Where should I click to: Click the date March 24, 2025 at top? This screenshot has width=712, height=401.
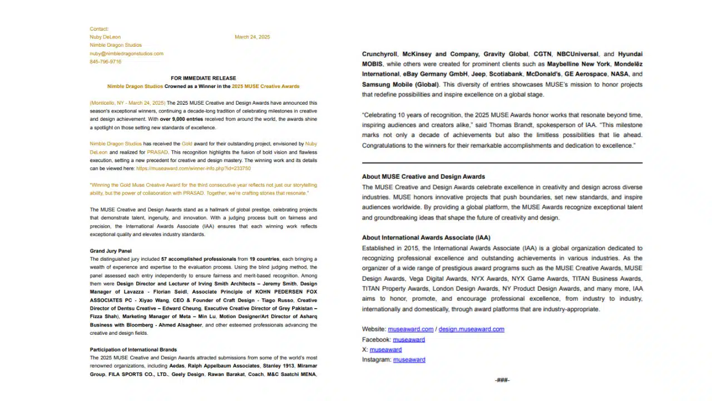coord(252,37)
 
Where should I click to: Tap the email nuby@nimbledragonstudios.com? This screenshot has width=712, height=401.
coord(126,53)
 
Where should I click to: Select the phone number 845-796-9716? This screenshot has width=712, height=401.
coord(106,62)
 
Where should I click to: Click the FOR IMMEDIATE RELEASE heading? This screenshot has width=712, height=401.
coord(203,79)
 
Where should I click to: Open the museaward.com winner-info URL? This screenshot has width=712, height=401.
coord(193,168)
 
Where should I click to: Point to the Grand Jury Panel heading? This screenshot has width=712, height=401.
coord(111,251)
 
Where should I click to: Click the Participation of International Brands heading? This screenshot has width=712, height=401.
coord(133,350)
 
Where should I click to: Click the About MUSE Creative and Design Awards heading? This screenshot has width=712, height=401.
coord(423,177)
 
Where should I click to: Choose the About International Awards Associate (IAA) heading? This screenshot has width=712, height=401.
coord(426,238)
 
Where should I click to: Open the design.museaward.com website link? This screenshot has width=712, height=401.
coord(471,329)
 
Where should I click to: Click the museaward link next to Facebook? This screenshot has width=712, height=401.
coord(409,340)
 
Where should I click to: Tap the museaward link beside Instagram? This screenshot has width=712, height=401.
coord(409,360)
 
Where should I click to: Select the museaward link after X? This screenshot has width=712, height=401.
coord(385,350)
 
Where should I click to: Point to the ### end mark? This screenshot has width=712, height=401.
coord(502,380)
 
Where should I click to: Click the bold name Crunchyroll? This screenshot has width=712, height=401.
coord(379,54)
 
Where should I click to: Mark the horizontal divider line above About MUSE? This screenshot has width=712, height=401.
coord(502,163)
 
